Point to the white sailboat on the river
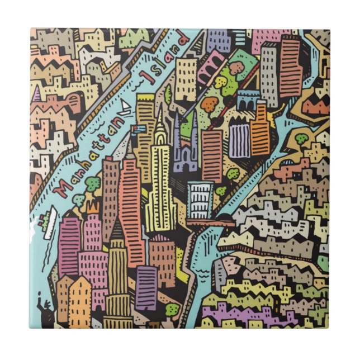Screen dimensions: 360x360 click(x=126, y=107)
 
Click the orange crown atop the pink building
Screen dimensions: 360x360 click(x=93, y=208)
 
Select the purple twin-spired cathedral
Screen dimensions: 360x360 click(x=184, y=148)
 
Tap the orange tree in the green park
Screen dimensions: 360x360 click(x=210, y=103)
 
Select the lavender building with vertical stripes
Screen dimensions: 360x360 click(x=239, y=140)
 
